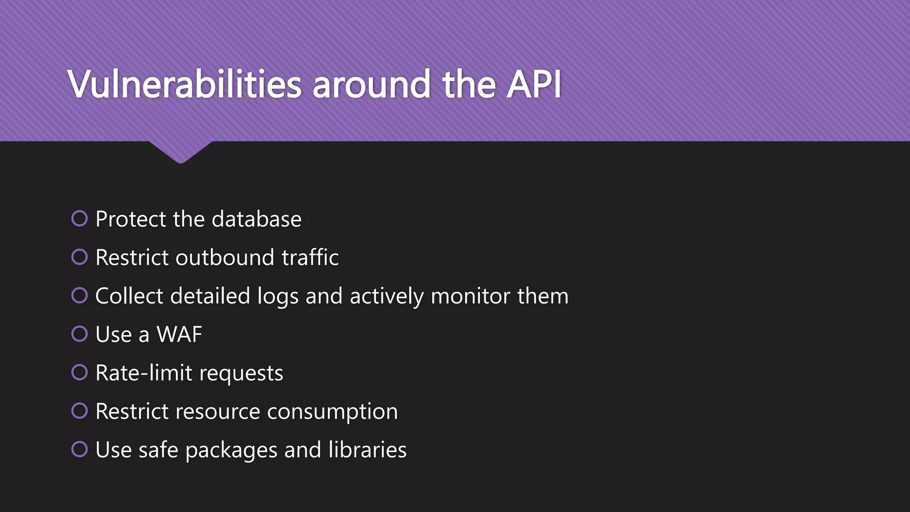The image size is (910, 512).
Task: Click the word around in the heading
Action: (371, 84)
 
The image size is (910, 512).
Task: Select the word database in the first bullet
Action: (256, 219)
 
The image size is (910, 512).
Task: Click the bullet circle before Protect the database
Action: (80, 218)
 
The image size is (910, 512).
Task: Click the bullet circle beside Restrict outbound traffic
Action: (80, 257)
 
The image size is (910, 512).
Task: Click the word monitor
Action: (471, 296)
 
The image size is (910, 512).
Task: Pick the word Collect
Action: (129, 296)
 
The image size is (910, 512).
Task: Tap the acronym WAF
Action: (180, 335)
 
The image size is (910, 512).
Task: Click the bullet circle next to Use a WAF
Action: (80, 334)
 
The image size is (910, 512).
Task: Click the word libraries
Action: (367, 450)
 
